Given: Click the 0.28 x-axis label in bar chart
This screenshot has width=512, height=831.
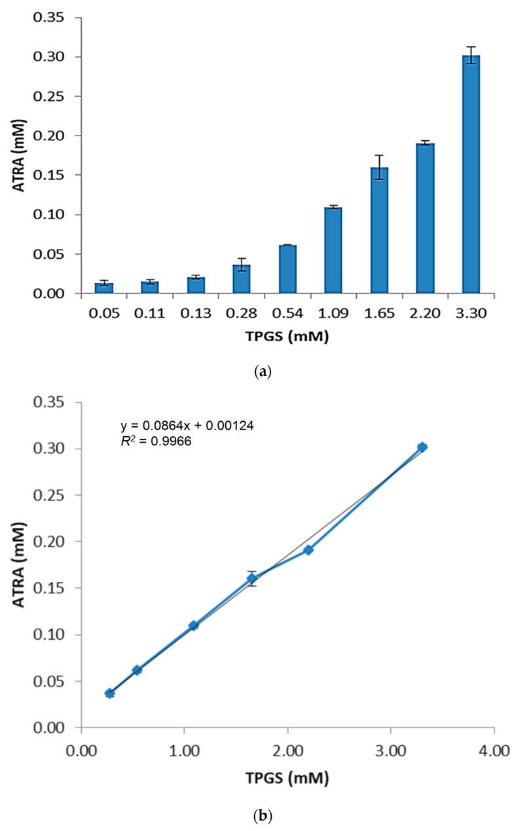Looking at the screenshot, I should (242, 313).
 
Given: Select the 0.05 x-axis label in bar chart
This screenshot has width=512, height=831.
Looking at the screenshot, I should (104, 313).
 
